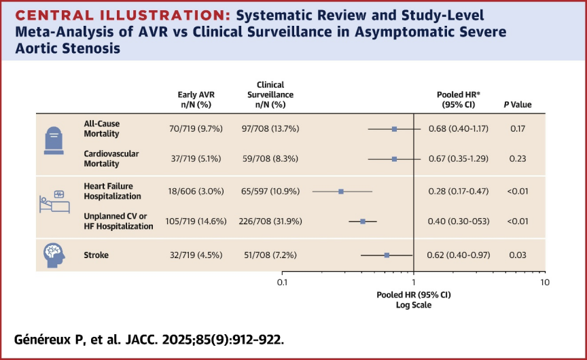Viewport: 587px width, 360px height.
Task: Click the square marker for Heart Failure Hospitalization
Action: (x=341, y=192)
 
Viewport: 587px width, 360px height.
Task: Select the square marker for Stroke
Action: (x=387, y=255)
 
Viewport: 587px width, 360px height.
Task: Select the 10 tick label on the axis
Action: (x=544, y=281)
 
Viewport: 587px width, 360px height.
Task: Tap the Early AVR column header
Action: (x=196, y=99)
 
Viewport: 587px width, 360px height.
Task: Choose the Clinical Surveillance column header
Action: (x=266, y=99)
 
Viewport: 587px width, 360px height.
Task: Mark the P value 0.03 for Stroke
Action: (x=516, y=255)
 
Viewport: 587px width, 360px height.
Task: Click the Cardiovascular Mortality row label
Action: (x=111, y=159)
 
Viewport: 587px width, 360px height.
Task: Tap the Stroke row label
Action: (x=96, y=255)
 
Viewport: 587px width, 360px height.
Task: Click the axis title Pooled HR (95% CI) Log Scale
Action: (x=413, y=300)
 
